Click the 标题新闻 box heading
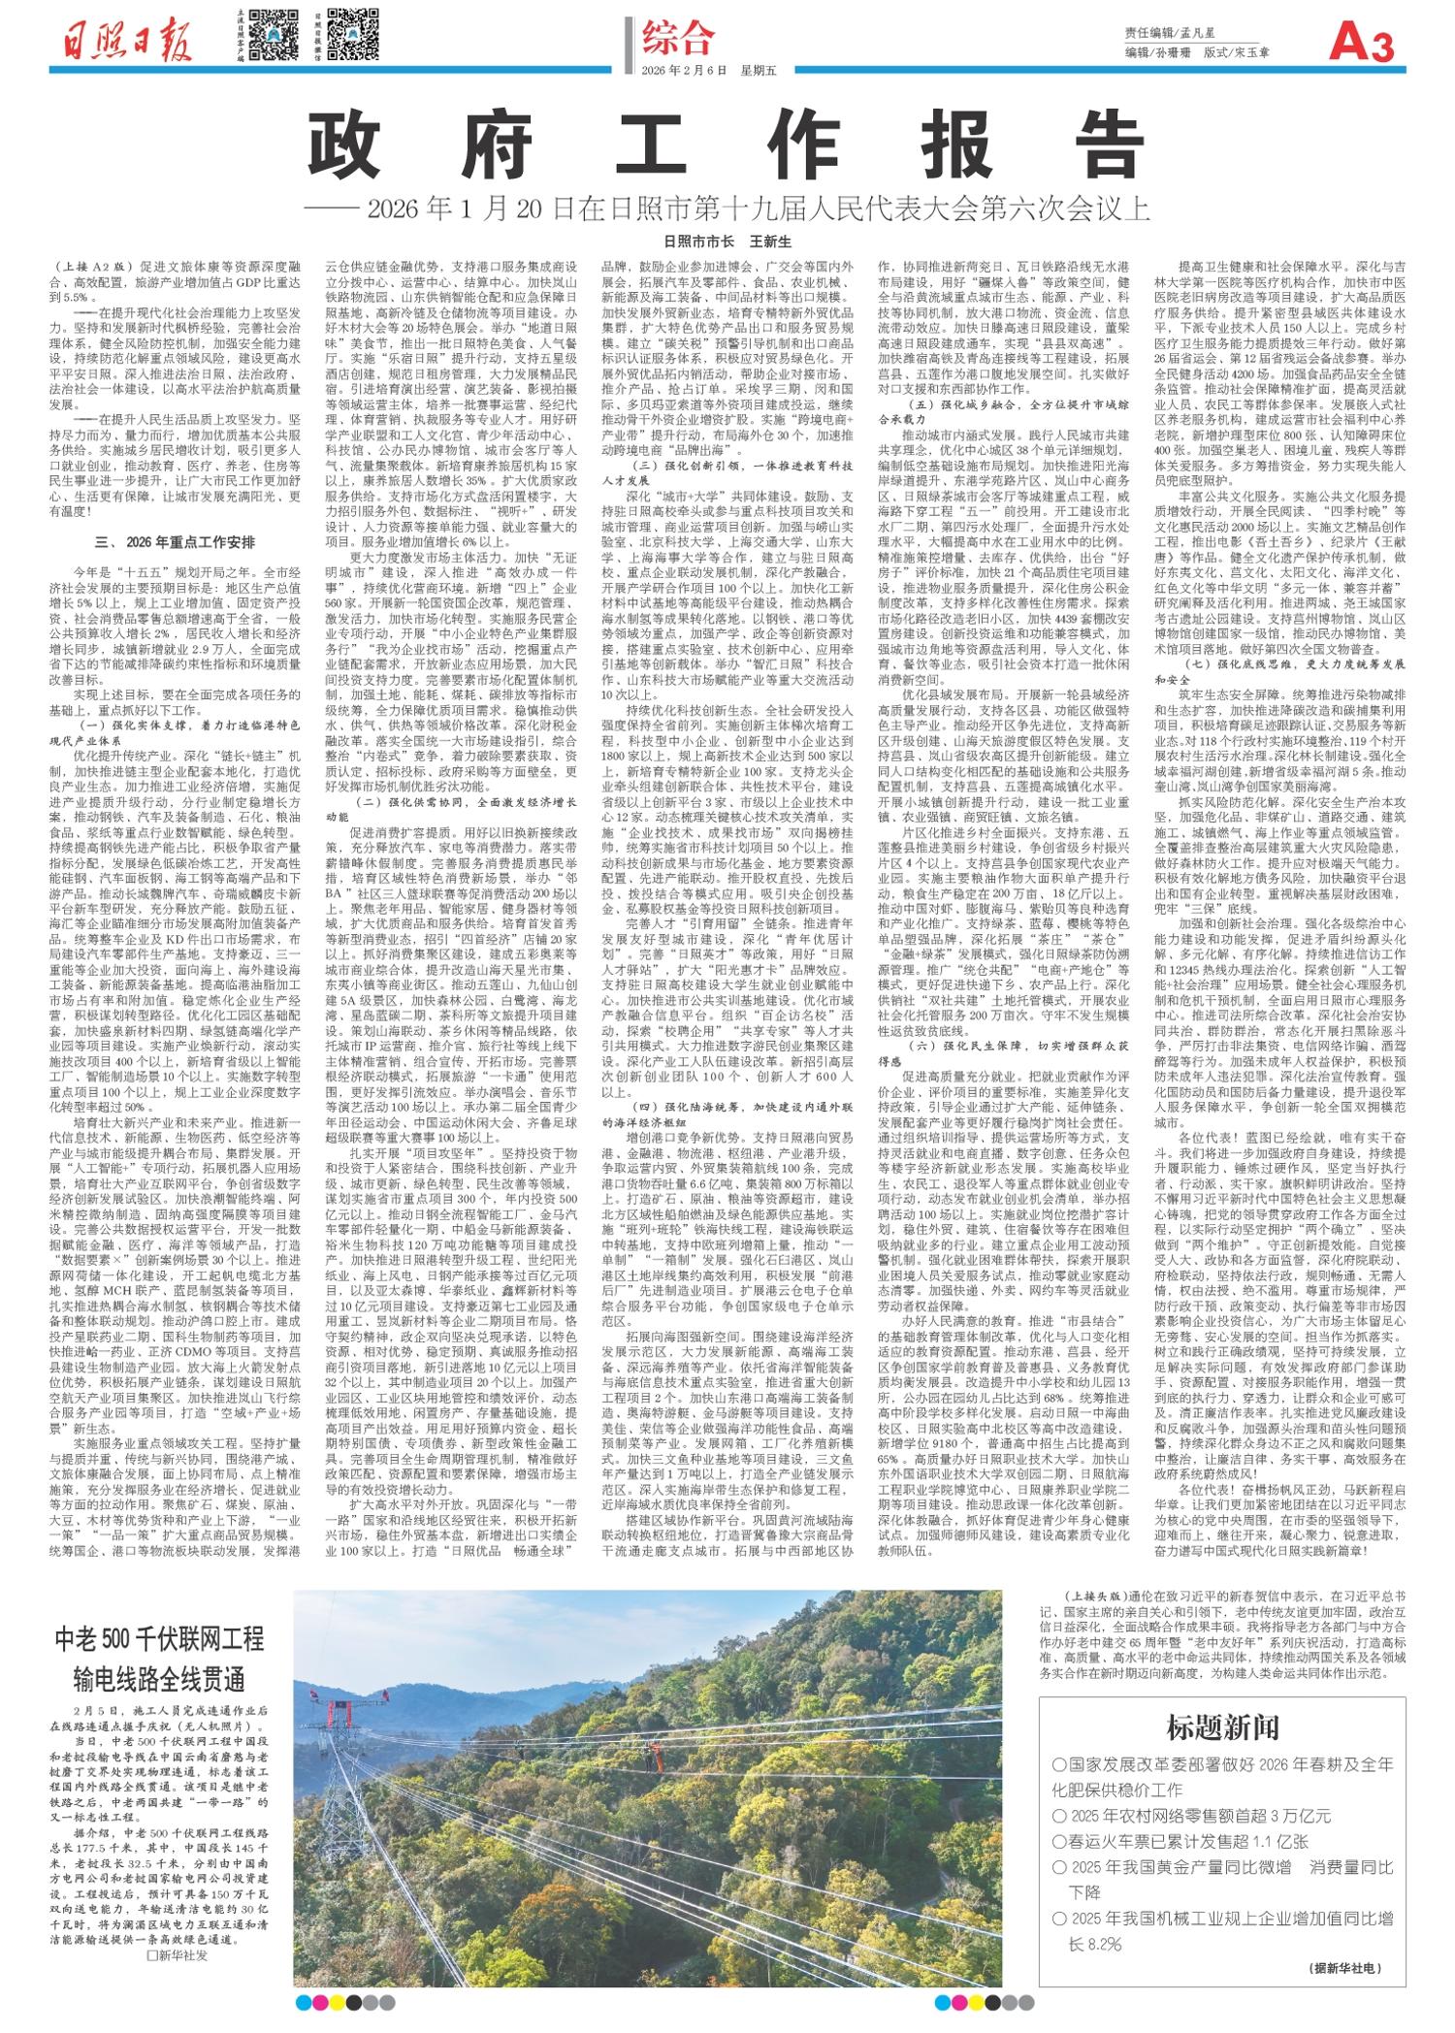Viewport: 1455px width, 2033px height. tap(1222, 1726)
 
